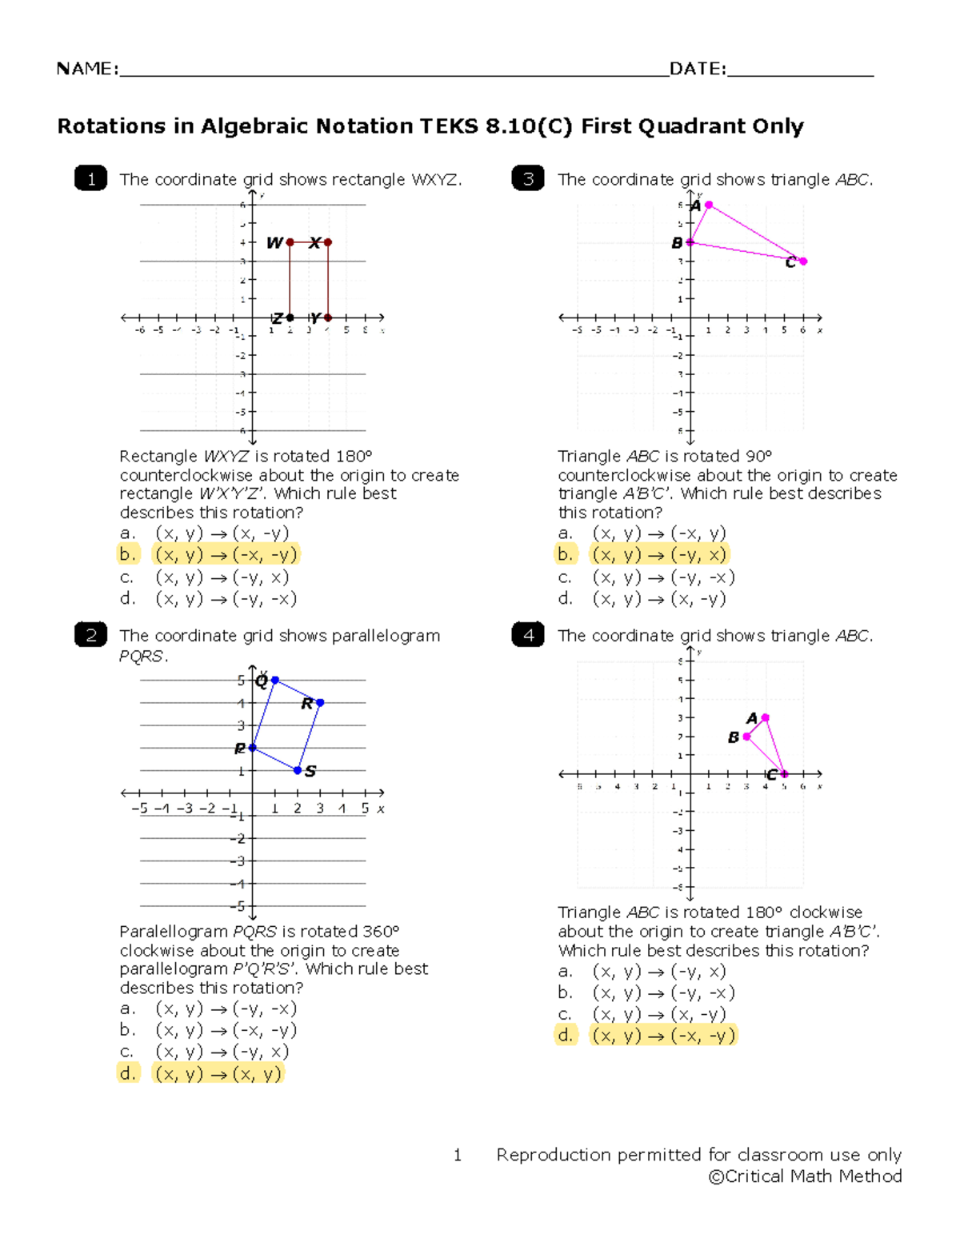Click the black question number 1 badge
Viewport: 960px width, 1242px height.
(x=90, y=178)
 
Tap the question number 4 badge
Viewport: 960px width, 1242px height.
(x=528, y=635)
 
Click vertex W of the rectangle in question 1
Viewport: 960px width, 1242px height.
(x=290, y=242)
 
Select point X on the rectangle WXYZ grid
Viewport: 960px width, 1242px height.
(x=328, y=242)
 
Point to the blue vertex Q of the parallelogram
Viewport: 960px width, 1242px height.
(x=274, y=680)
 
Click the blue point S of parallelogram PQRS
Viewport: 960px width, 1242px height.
(x=298, y=770)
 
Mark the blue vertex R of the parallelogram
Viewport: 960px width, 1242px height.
(x=320, y=702)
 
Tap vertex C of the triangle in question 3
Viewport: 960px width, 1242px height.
(x=803, y=261)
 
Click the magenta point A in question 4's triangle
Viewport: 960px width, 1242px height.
(x=766, y=717)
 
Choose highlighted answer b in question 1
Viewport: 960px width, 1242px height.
(x=227, y=554)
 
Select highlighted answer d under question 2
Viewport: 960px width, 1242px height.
(x=218, y=1073)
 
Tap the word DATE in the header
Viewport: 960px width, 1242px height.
(x=696, y=69)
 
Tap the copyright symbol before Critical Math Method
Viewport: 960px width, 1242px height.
(x=716, y=1176)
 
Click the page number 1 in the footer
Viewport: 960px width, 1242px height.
(x=458, y=1155)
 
